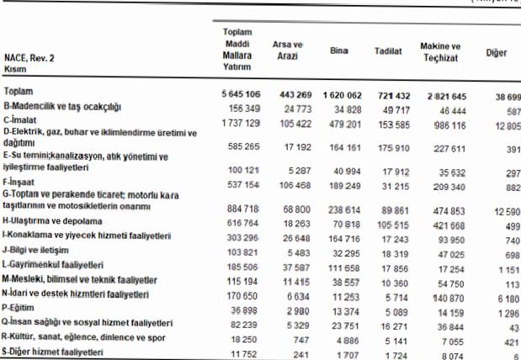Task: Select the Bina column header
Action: click(x=339, y=50)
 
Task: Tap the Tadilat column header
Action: click(x=387, y=51)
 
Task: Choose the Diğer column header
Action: click(x=497, y=53)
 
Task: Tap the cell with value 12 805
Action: click(x=503, y=124)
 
